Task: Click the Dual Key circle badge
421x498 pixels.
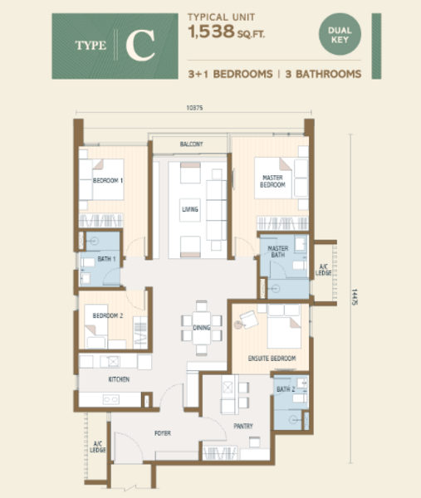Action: tap(340, 34)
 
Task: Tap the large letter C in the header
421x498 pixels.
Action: tap(140, 46)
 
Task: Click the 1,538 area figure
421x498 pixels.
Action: tap(211, 32)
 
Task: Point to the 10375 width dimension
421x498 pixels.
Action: tap(194, 108)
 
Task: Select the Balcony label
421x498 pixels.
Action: tap(191, 144)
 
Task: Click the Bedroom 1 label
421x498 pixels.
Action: tap(108, 180)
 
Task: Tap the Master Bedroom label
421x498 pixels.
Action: tap(272, 181)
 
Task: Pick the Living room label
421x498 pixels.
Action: tap(190, 209)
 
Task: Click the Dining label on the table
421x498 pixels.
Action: tap(202, 328)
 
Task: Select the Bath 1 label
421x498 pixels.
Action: tap(106, 259)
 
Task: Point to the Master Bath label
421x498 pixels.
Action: tap(278, 251)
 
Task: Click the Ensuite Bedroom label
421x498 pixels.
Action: tap(272, 359)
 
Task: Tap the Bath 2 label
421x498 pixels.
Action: tap(286, 389)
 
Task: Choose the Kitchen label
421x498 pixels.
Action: tap(119, 379)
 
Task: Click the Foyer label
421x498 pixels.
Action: tap(163, 433)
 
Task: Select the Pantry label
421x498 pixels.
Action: tap(243, 426)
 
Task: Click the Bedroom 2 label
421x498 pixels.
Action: tap(108, 315)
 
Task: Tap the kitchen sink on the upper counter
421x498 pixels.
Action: tap(114, 361)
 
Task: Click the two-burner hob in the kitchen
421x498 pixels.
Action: tap(111, 399)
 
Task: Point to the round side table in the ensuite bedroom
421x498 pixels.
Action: tap(238, 325)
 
